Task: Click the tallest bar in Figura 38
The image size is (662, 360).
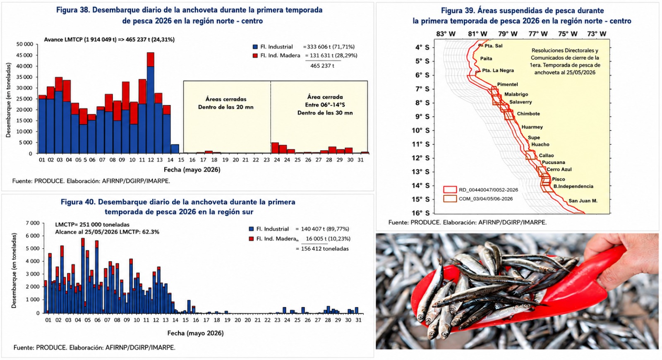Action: (x=151, y=103)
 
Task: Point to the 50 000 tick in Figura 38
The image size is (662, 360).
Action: (x=25, y=44)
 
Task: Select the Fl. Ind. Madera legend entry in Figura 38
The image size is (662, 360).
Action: (x=276, y=55)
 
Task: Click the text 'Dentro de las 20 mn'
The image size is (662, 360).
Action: (x=226, y=107)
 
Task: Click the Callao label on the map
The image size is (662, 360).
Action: (x=546, y=156)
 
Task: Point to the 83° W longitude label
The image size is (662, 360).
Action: (x=446, y=34)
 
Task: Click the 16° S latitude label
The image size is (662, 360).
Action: (x=420, y=213)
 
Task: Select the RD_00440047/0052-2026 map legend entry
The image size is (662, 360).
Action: (x=480, y=190)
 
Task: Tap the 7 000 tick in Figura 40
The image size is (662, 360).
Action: (x=33, y=223)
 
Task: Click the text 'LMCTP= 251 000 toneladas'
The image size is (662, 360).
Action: (x=92, y=225)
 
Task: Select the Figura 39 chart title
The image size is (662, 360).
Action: (x=522, y=16)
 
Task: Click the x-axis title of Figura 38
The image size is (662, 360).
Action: (x=192, y=170)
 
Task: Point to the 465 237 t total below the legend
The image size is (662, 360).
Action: (x=322, y=66)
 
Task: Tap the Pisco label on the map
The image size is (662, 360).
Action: (x=559, y=179)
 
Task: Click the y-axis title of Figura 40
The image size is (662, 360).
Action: (x=14, y=271)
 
